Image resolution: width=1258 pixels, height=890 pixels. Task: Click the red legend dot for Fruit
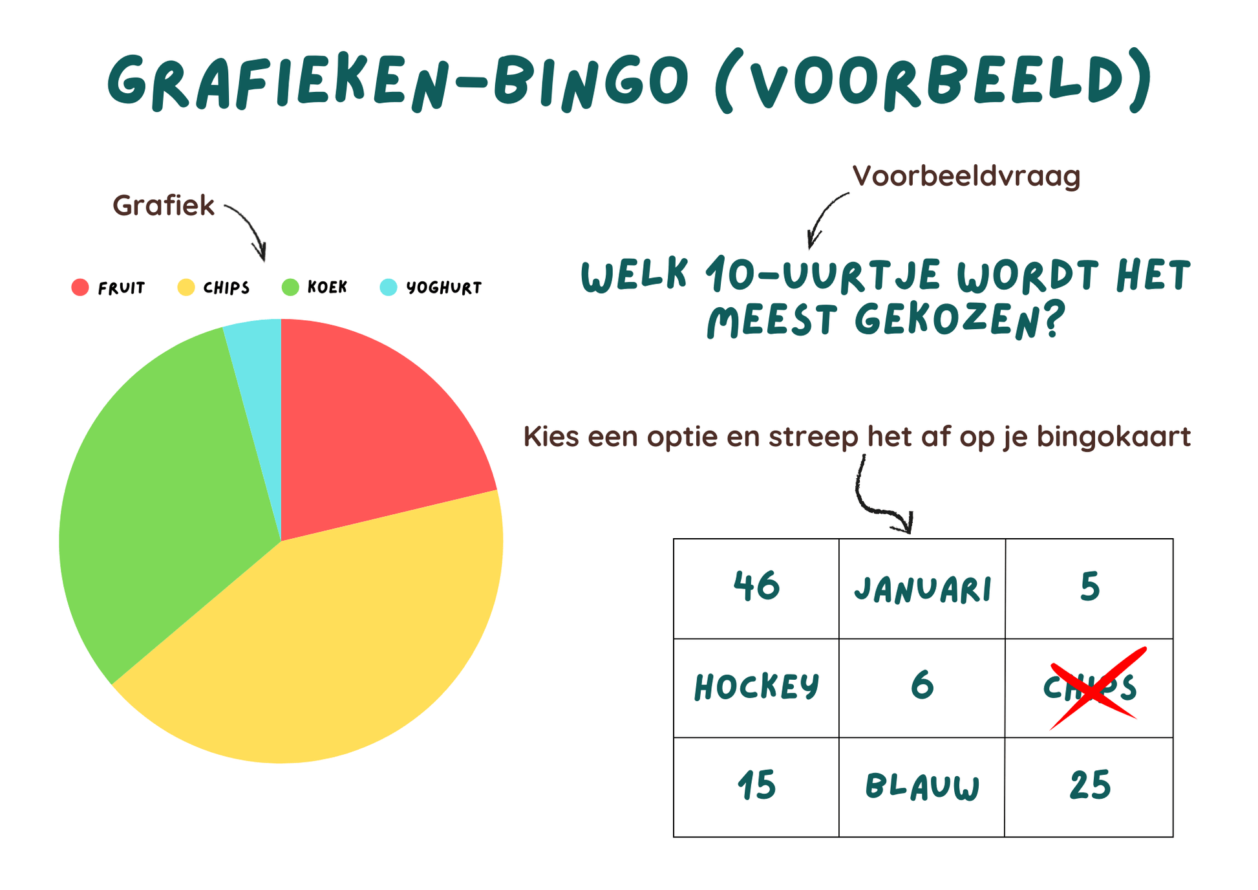coord(80,287)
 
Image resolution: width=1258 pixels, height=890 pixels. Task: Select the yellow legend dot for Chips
coord(186,287)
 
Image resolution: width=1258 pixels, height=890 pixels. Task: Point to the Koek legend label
coord(327,287)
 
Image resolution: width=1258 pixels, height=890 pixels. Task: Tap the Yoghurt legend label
coord(444,288)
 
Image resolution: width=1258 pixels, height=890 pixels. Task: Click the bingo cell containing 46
coord(756,589)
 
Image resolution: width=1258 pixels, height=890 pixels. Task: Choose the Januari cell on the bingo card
coord(922,589)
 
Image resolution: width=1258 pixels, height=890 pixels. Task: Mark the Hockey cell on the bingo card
coord(756,688)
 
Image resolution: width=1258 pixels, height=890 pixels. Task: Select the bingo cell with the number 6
coord(922,688)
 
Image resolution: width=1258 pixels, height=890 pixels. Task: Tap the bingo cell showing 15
coord(756,787)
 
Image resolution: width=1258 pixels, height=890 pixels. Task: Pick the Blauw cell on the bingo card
coord(922,787)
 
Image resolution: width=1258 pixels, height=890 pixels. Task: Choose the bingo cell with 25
coord(1089,787)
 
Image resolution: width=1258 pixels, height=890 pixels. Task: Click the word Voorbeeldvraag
coord(966,177)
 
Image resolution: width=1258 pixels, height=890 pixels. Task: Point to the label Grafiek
coord(164,206)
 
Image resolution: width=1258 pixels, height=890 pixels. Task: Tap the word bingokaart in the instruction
coord(1114,437)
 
